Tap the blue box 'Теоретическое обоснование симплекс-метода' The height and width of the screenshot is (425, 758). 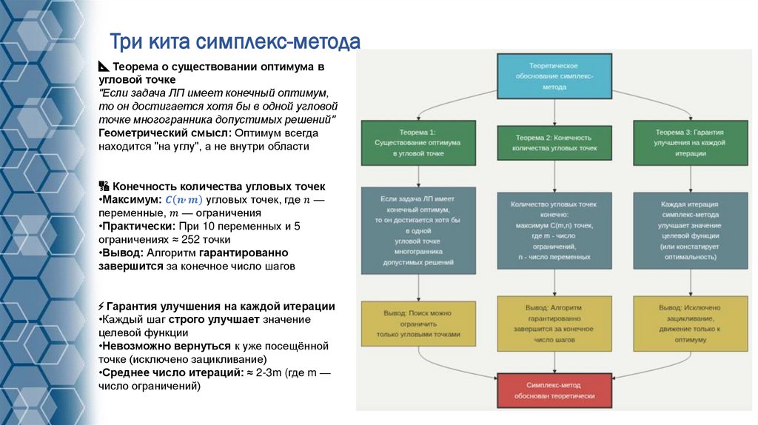554,76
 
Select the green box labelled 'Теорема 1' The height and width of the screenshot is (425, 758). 418,141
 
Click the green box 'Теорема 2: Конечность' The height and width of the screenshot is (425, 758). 554,142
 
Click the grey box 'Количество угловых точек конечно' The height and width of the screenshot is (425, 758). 554,230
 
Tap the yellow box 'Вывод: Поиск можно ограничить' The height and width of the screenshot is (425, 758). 418,324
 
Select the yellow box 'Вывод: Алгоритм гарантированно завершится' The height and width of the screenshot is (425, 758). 554,324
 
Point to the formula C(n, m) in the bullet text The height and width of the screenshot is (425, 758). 184,201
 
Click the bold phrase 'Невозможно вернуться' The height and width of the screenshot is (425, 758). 164,346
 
